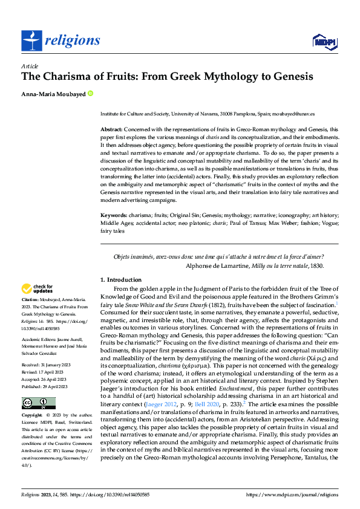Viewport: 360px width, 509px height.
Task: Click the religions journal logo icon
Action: (30, 41)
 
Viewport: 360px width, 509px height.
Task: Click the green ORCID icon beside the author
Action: (90, 94)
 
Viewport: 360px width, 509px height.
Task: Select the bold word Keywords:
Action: (113, 215)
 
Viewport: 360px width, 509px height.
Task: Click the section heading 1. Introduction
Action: (120, 280)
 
